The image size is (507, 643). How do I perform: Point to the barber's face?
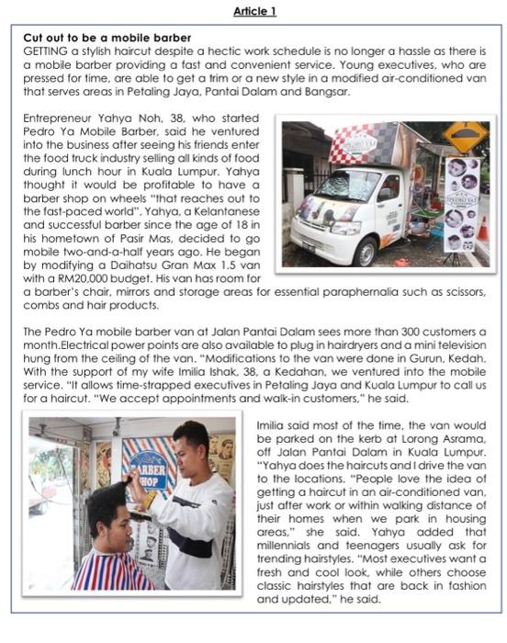point(188,448)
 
